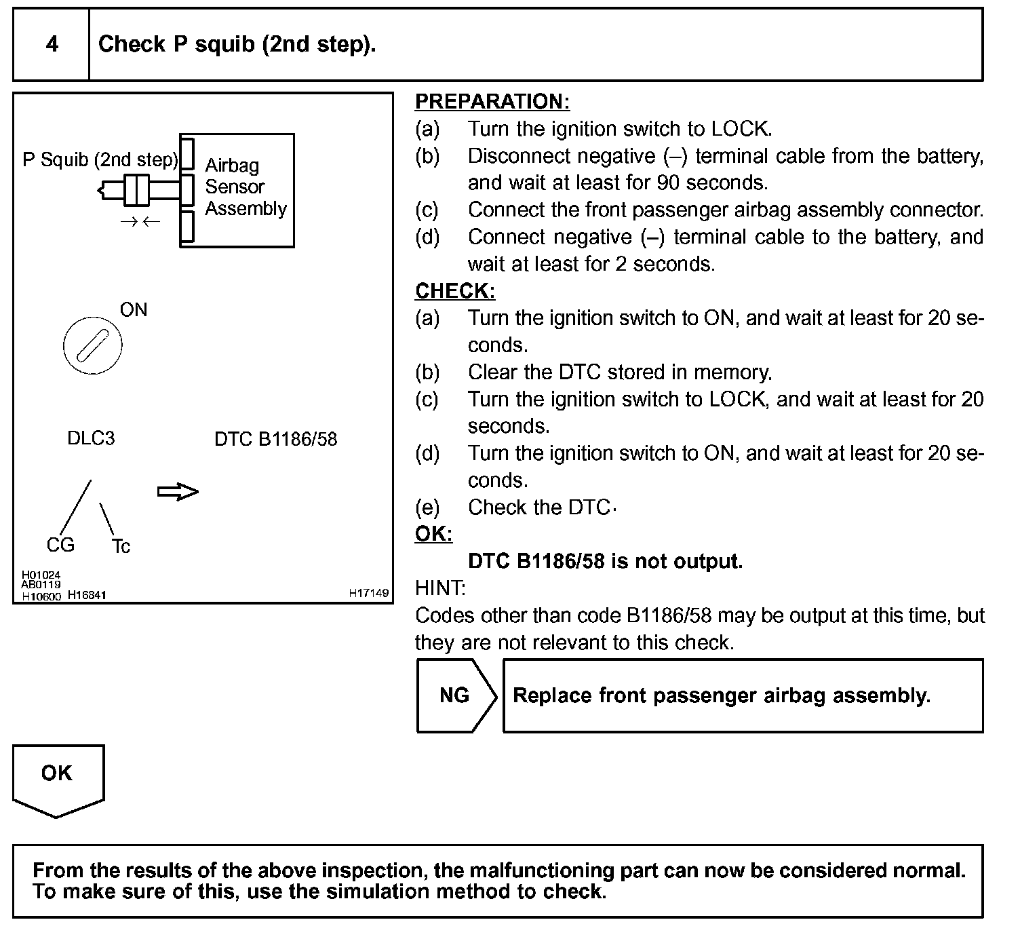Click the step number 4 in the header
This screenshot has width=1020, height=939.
[x=52, y=45]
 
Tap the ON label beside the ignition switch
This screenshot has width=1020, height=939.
[x=134, y=310]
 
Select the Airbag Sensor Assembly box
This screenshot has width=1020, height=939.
[x=237, y=190]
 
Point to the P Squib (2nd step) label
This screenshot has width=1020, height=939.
[x=100, y=160]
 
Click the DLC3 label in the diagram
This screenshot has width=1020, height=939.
[x=91, y=438]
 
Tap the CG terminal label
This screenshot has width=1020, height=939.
[x=60, y=545]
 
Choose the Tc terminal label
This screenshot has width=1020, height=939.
[x=121, y=546]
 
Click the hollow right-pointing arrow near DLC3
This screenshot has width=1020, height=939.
[x=178, y=492]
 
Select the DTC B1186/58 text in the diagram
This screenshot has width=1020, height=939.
[x=275, y=439]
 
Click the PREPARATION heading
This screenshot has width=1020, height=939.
[x=492, y=102]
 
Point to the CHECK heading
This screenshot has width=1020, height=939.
[x=454, y=291]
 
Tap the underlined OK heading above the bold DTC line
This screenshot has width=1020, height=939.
[x=433, y=534]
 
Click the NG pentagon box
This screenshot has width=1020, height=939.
[x=455, y=695]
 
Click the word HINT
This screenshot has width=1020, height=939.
[x=440, y=588]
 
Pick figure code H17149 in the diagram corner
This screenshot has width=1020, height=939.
[x=369, y=593]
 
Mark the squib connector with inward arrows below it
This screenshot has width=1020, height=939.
[x=137, y=189]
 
